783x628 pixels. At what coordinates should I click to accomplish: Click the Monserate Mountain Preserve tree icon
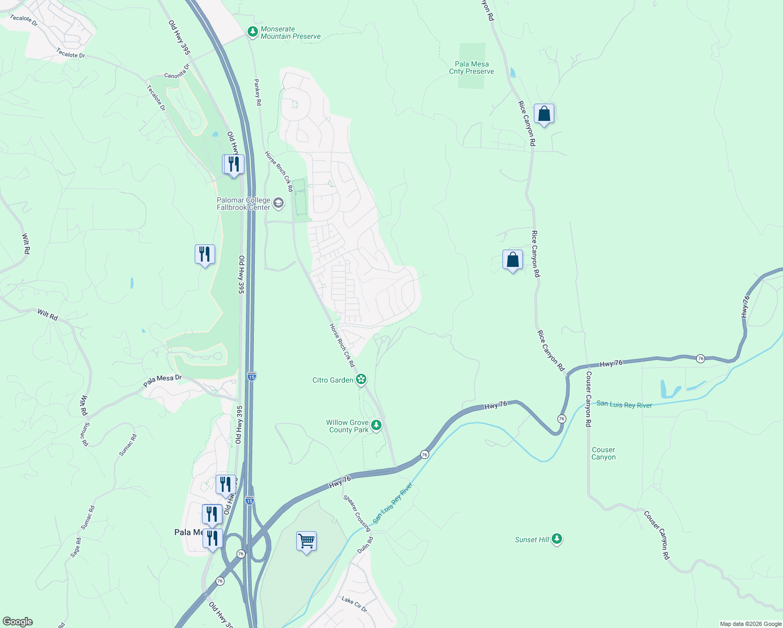(x=253, y=32)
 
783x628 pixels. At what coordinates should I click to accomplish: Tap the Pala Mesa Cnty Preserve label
(x=472, y=68)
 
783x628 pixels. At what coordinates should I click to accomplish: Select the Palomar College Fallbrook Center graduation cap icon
(x=278, y=203)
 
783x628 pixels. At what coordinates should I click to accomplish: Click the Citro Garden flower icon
(x=361, y=379)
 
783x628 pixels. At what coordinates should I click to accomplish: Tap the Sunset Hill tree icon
(x=557, y=539)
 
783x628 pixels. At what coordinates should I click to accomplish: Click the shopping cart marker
(x=306, y=541)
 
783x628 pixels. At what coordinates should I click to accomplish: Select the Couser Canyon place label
(x=603, y=453)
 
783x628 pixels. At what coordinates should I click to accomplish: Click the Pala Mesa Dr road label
(x=162, y=381)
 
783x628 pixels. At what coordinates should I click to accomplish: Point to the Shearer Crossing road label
(x=357, y=513)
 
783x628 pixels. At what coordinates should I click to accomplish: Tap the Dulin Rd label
(x=365, y=546)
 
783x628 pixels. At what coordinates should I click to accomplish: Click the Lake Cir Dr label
(x=354, y=604)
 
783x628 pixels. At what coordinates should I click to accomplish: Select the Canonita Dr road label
(x=177, y=72)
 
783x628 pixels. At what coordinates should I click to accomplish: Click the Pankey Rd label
(x=258, y=92)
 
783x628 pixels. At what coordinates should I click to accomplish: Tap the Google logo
(x=17, y=622)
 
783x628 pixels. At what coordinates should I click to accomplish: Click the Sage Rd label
(x=76, y=547)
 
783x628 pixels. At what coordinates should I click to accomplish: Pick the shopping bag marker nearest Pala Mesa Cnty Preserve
(x=544, y=114)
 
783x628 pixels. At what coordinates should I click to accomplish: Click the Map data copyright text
(x=751, y=624)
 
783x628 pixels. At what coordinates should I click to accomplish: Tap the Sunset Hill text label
(x=532, y=540)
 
